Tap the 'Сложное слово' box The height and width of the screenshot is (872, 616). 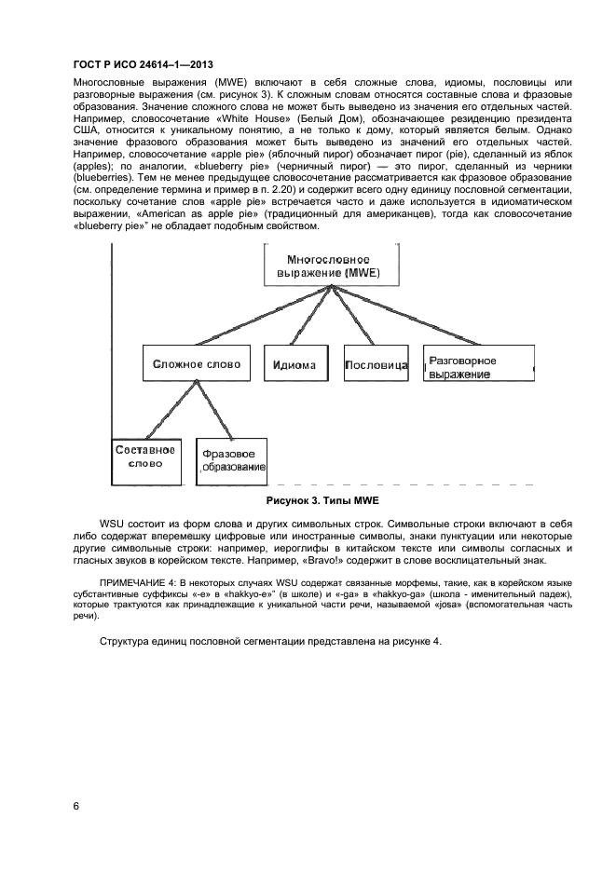coord(197,363)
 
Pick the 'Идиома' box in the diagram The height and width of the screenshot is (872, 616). coord(295,364)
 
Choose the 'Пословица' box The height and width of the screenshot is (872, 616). coord(376,364)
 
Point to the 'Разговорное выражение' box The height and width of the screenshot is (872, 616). coord(478,366)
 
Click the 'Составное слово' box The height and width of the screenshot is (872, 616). coord(144,456)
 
